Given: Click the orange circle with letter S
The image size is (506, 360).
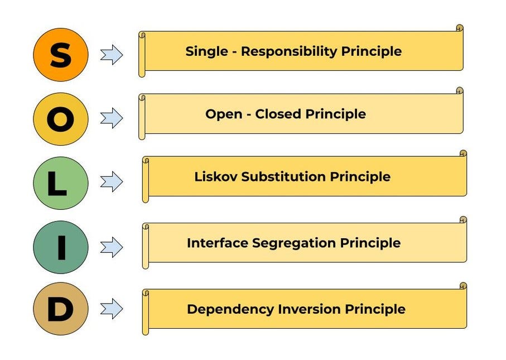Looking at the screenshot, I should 60,55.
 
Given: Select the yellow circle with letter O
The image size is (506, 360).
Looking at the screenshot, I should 60,119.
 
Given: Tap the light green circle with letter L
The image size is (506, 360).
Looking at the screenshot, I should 60,183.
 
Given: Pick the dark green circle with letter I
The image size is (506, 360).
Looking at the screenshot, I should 60,247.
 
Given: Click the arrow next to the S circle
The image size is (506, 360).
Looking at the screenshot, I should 112,55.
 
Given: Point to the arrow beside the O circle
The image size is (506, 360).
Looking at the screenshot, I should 112,118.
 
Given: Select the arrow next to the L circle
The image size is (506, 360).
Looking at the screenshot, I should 112,183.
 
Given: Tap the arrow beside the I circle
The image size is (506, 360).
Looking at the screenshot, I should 112,247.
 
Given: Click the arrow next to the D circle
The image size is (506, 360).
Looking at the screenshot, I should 112,309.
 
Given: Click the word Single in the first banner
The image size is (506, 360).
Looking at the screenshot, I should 206,52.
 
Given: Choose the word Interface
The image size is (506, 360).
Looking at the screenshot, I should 218,243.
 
